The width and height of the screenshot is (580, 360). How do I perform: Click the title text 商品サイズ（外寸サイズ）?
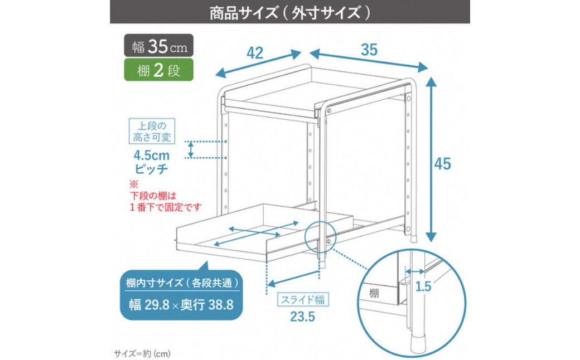tap(290, 13)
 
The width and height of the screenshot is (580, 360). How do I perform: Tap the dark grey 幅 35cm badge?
tap(159, 46)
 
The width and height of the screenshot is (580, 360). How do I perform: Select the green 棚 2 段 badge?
tap(159, 70)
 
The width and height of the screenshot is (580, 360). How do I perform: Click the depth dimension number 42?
tap(255, 53)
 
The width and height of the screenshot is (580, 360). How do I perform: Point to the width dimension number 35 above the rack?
tap(369, 50)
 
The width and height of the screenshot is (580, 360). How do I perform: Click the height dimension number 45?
tap(443, 164)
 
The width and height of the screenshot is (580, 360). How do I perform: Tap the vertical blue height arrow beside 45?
tap(431, 159)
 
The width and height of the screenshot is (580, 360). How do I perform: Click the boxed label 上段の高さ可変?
tap(152, 131)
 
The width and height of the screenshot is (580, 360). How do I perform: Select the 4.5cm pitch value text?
tap(152, 155)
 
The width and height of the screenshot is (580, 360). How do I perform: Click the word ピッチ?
tap(151, 169)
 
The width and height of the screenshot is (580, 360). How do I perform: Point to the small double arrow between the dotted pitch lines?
tap(191, 150)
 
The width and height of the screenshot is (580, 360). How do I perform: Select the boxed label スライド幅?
tap(303, 299)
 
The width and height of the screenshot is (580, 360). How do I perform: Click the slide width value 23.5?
tap(302, 317)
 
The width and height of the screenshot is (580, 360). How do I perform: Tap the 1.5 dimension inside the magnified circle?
tap(423, 286)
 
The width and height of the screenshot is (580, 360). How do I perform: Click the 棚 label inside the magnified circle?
tap(374, 294)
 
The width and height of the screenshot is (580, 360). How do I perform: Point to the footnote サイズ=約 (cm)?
tap(142, 354)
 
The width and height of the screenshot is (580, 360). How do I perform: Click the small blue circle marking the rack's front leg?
tap(321, 237)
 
